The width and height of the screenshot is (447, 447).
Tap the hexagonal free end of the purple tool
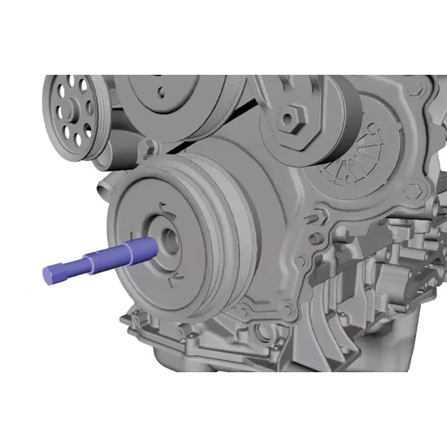click(x=50, y=275)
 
